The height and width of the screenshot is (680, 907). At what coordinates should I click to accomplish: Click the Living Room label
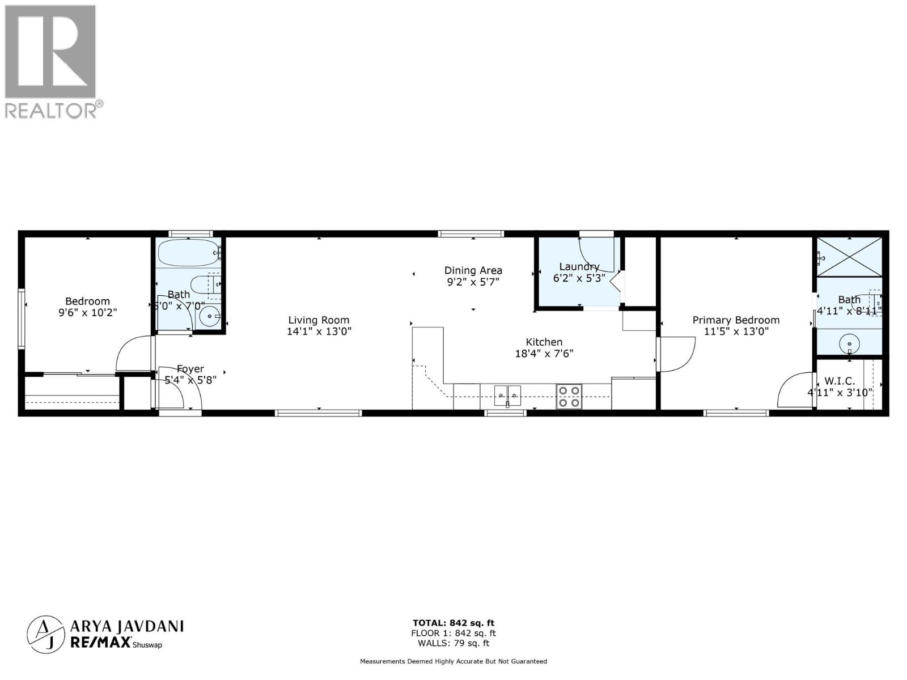tap(319, 320)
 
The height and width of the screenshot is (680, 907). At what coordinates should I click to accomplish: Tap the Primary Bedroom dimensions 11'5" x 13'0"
tap(736, 331)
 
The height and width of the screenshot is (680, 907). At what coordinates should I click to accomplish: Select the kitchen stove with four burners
tap(569, 396)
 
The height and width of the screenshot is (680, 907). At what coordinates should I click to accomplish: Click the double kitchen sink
tap(507, 395)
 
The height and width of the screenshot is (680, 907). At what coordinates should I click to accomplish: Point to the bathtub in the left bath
tap(188, 253)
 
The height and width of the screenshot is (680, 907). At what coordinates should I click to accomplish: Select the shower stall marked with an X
tap(849, 257)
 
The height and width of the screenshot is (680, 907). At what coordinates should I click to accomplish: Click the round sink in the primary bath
tap(849, 343)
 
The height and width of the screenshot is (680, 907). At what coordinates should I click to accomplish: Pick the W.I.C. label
tap(840, 381)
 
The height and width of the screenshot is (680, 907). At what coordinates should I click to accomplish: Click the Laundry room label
tap(579, 266)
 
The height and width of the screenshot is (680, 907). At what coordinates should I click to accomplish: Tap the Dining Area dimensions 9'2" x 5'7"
tap(473, 282)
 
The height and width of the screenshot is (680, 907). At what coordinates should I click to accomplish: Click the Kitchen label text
tap(544, 342)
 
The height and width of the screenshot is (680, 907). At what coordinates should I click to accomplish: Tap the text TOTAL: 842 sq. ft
tap(453, 623)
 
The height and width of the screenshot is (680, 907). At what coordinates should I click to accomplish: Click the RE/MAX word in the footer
tap(100, 641)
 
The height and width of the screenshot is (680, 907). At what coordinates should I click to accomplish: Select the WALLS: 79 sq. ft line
tap(453, 643)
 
